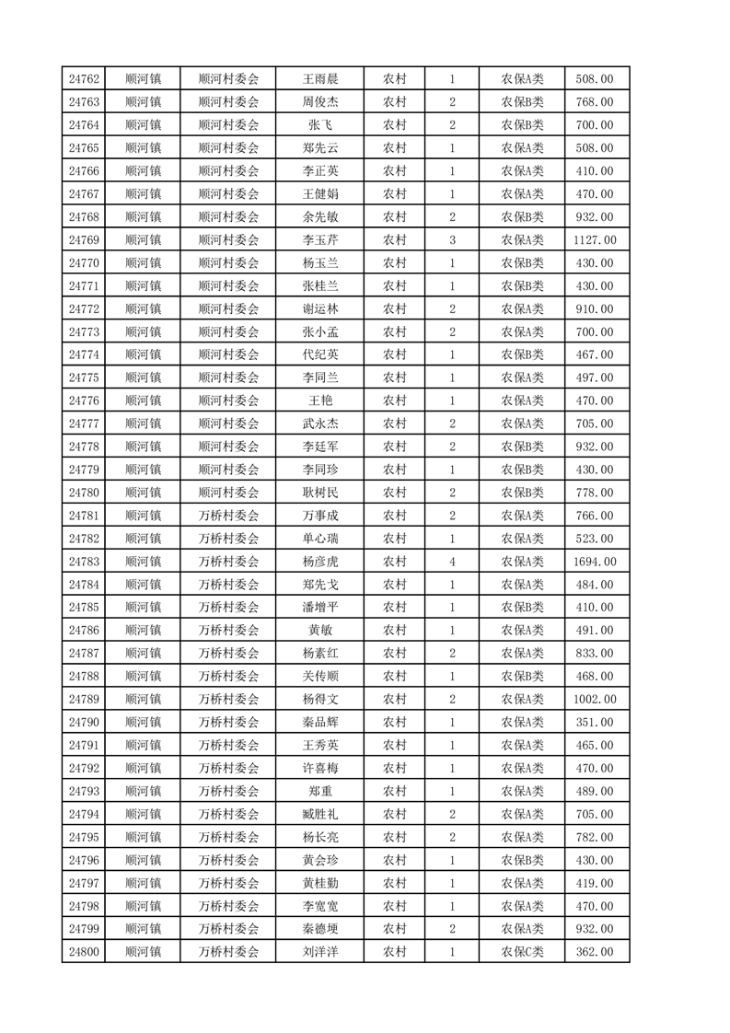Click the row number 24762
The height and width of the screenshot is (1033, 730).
click(84, 79)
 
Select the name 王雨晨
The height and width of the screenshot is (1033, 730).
click(320, 79)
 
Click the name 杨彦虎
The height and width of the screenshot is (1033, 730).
click(320, 562)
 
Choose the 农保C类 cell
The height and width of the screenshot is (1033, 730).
click(522, 952)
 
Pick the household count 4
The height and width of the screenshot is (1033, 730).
click(452, 562)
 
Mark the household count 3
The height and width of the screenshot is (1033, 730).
click(452, 240)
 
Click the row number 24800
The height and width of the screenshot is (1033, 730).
click(84, 952)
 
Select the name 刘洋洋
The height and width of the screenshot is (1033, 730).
click(320, 952)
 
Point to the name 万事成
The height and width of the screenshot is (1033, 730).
click(320, 516)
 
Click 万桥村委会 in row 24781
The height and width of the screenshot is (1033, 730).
click(228, 516)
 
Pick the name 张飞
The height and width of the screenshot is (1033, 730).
click(320, 125)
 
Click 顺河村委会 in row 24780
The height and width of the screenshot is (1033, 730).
click(228, 493)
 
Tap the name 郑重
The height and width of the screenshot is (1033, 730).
click(320, 791)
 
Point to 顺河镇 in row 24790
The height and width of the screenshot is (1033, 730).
click(143, 723)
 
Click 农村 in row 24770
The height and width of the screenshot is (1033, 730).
click(395, 263)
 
